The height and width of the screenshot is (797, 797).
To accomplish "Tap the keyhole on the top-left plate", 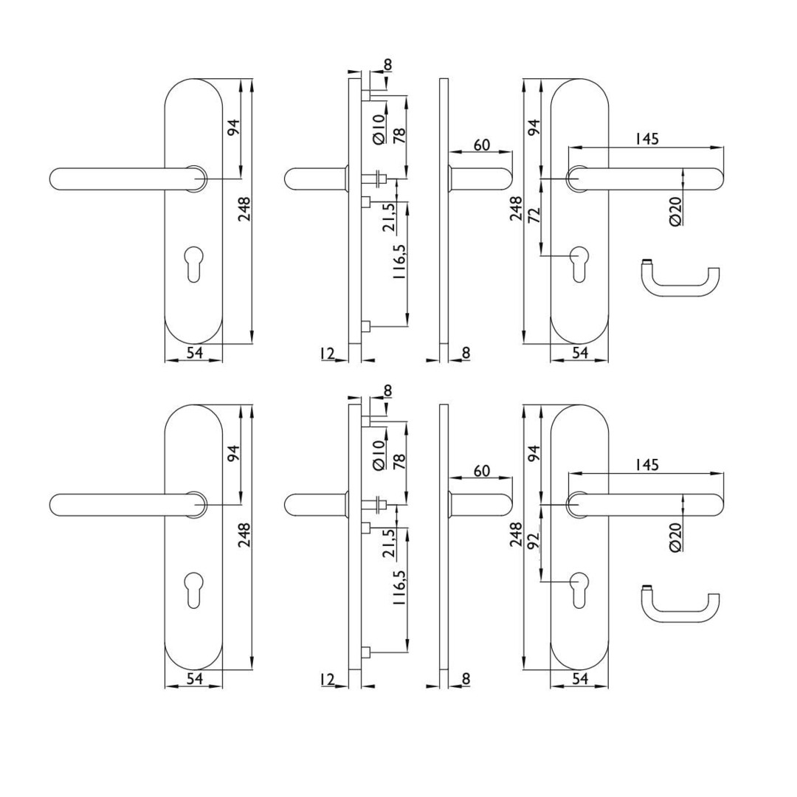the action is click(x=193, y=263).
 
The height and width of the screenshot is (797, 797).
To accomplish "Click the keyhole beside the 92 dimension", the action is click(x=579, y=590).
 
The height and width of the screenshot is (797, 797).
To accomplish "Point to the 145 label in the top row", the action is click(x=647, y=139).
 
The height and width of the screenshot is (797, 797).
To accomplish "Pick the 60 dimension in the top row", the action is click(x=482, y=145).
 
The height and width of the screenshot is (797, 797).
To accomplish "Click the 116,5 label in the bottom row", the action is click(x=399, y=587).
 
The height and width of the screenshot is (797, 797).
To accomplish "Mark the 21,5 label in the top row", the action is click(x=390, y=218).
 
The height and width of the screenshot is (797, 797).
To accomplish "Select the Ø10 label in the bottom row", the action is click(x=379, y=455).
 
